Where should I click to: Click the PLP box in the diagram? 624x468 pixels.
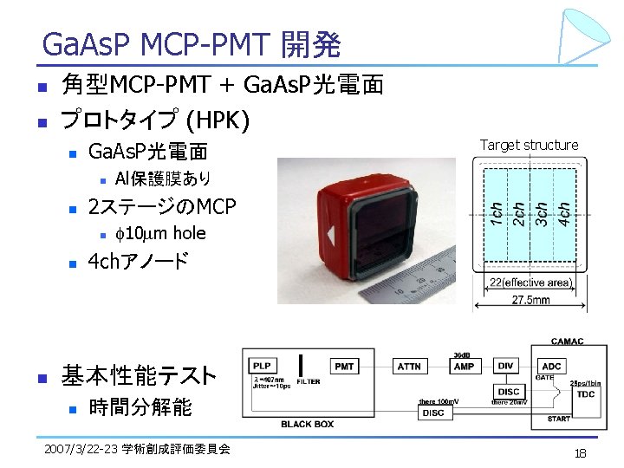click(x=263, y=367)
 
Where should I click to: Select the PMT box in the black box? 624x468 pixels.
click(x=344, y=367)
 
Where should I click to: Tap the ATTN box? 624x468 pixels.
click(x=409, y=367)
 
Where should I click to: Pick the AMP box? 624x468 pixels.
click(x=464, y=367)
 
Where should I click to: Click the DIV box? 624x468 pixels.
click(x=507, y=367)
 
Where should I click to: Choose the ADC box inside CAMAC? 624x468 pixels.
click(x=551, y=367)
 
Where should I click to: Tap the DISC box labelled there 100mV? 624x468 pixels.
click(x=433, y=413)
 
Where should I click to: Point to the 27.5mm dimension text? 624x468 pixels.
click(x=530, y=301)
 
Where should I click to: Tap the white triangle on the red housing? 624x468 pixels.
click(x=332, y=235)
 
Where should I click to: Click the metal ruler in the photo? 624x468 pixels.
click(x=390, y=282)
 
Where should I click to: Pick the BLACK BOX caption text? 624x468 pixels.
click(x=309, y=424)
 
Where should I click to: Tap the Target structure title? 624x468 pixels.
click(x=529, y=145)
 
